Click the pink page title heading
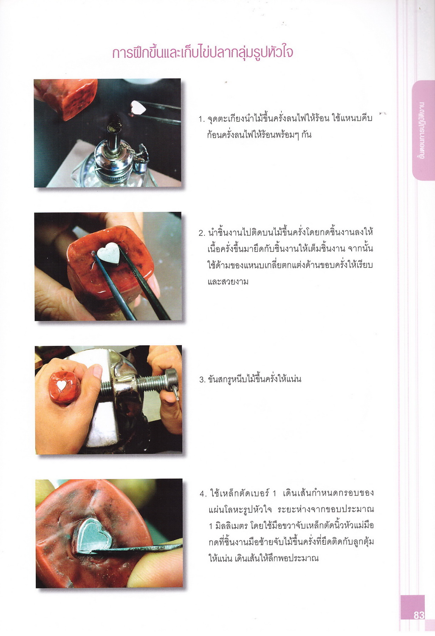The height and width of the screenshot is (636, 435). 203,53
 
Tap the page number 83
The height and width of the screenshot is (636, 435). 419,615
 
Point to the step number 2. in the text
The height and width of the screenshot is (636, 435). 202,234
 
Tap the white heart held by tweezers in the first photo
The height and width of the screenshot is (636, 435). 138,107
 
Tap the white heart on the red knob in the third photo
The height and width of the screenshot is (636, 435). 61,385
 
